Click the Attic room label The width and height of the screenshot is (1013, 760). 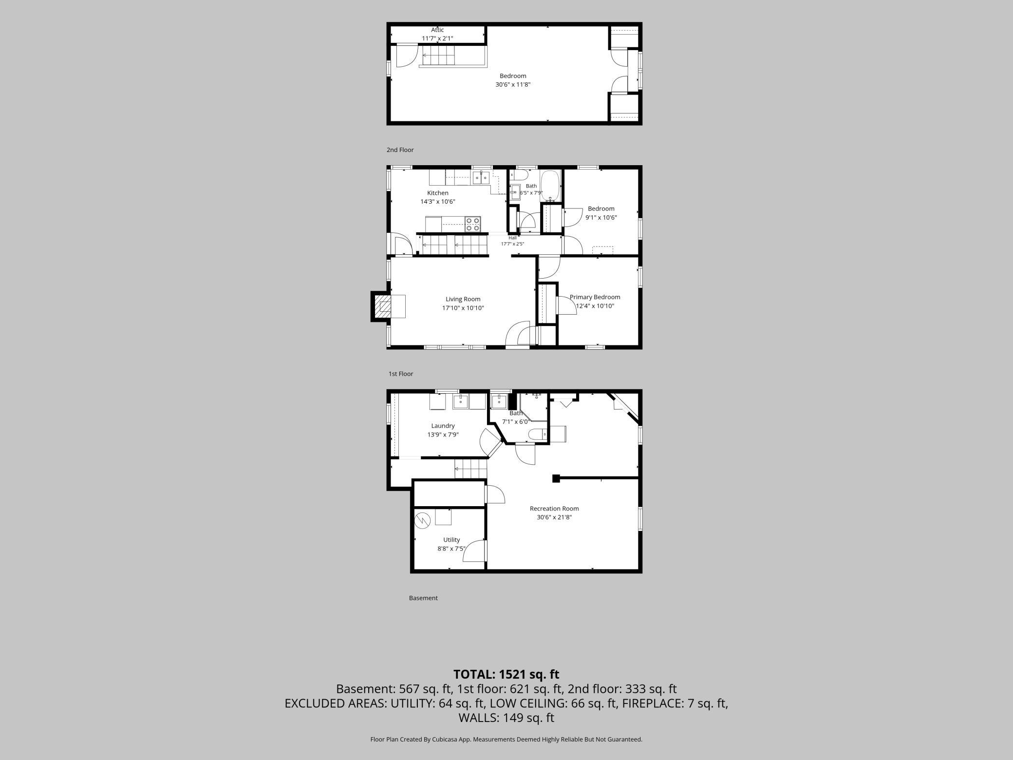437,30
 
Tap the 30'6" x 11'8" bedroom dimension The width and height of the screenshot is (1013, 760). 513,84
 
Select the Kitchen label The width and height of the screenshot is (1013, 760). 438,193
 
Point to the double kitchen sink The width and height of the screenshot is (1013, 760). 481,177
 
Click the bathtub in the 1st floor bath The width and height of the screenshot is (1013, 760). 551,186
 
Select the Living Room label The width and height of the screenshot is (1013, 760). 463,299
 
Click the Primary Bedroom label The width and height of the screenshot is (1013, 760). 595,297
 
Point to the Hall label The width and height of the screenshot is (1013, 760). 512,238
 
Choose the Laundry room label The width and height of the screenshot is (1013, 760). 443,426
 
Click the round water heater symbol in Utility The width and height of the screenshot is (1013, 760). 423,520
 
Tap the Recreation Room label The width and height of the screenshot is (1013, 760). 554,509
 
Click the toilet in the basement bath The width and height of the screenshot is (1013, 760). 539,433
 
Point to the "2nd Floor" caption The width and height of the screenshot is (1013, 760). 400,150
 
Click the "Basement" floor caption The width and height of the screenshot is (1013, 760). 423,598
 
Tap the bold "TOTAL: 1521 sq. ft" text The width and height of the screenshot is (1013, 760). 506,674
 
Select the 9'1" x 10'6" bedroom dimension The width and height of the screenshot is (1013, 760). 601,217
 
